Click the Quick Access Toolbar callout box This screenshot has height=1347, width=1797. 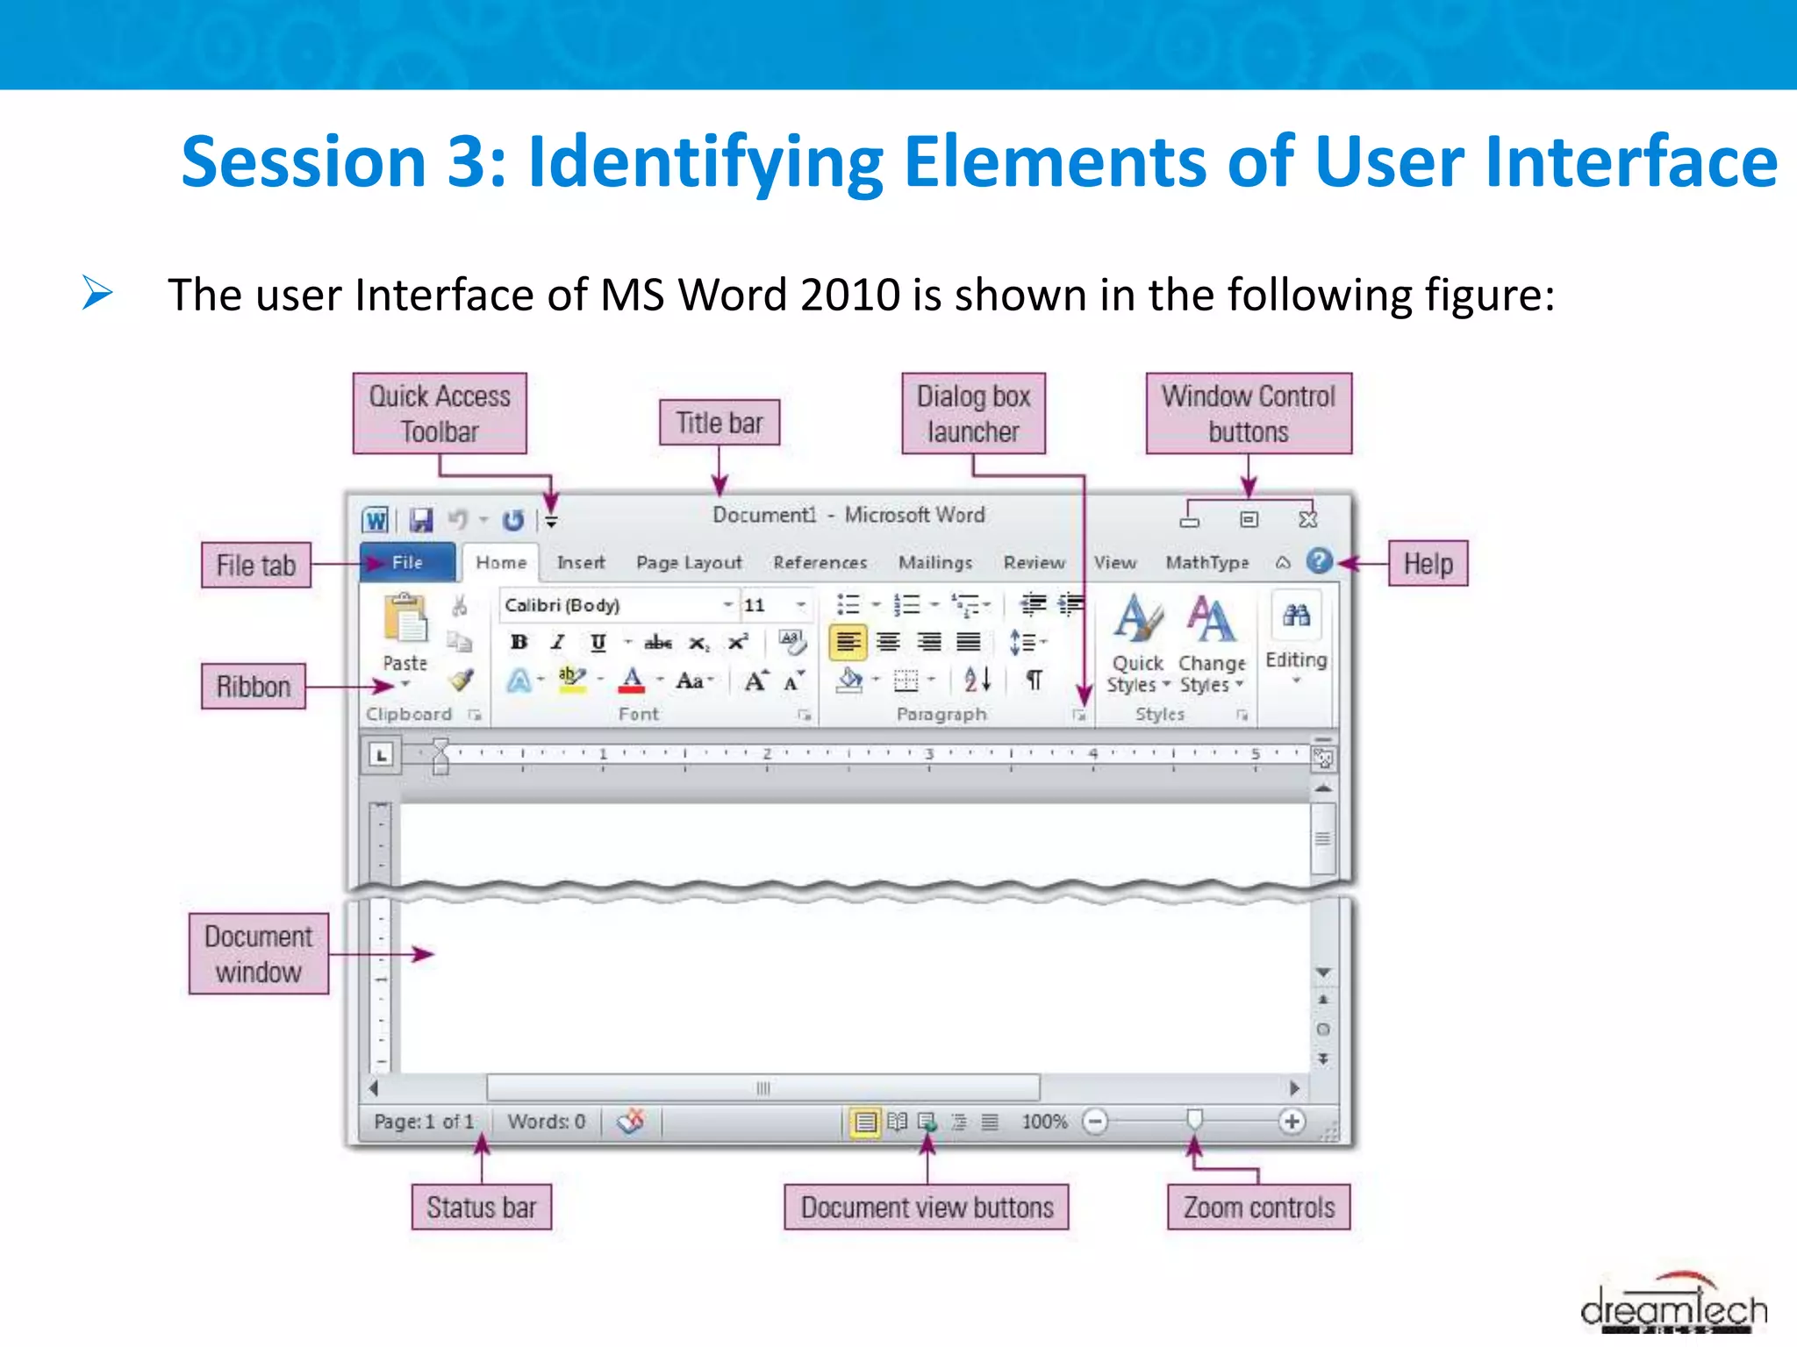pos(440,413)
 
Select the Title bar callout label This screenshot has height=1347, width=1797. pos(719,423)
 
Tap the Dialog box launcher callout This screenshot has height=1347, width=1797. pos(973,413)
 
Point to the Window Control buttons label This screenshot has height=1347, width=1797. pos(1248,413)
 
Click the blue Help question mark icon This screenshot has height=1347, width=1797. pos(1319,561)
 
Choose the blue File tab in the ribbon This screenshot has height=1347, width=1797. pos(407,562)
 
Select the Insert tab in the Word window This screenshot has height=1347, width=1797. pos(580,562)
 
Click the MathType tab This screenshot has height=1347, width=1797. pos(1206,562)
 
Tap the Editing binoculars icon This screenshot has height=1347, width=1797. pos(1296,616)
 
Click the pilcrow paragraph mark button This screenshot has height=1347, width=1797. pos(1035,680)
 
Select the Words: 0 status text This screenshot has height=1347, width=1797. pos(546,1121)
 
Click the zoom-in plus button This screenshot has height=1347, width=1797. pos(1291,1121)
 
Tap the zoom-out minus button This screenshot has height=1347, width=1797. pos(1095,1121)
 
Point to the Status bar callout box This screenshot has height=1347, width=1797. pos(481,1208)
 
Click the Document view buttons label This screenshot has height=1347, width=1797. pos(926,1208)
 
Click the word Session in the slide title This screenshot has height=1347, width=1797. pos(304,162)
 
